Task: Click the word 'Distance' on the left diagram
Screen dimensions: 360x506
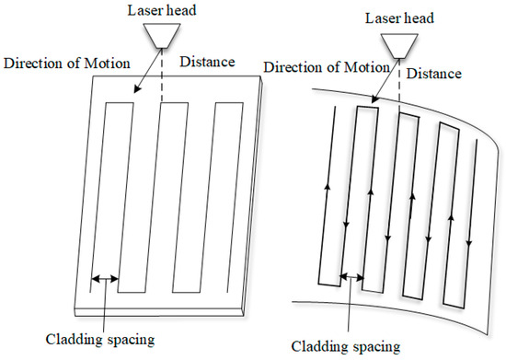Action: tap(206, 63)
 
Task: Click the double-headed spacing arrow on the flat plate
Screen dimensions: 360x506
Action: tap(104, 278)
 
